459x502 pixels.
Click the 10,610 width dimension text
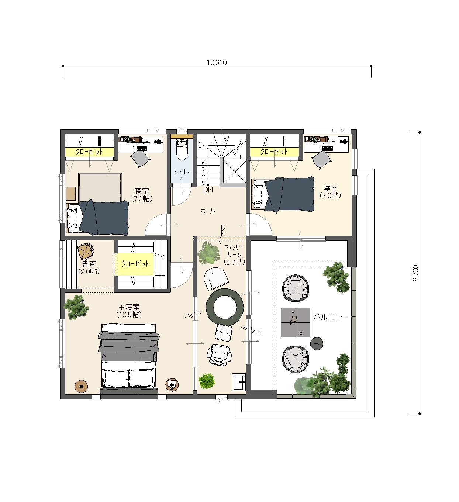click(217, 62)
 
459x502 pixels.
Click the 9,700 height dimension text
click(415, 273)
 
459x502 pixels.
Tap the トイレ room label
click(181, 172)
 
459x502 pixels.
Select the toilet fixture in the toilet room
click(182, 149)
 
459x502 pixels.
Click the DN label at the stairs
click(208, 190)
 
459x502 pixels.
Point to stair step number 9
click(203, 183)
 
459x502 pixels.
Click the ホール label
click(207, 211)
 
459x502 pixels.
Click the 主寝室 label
click(129, 307)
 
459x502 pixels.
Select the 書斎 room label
click(89, 264)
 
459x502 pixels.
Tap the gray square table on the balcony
click(296, 322)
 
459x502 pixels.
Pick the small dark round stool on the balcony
click(317, 343)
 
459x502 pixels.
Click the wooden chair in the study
click(85, 252)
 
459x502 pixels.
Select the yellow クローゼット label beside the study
click(135, 263)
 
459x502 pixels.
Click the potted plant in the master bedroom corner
click(76, 307)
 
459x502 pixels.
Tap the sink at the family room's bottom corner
click(239, 382)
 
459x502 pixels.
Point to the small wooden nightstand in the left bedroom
click(71, 194)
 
